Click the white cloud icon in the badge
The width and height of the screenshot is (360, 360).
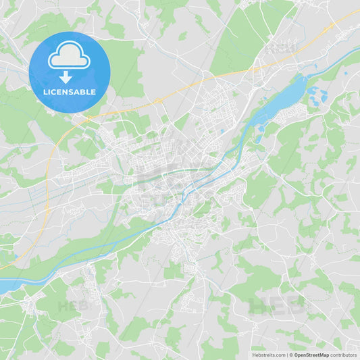click(69, 56)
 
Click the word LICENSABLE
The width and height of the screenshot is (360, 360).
click(69, 91)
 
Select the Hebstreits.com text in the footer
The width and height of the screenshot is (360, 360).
click(268, 355)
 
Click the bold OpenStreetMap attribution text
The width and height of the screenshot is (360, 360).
click(311, 355)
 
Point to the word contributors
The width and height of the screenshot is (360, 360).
click(344, 355)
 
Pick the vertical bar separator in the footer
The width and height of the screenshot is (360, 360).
click(286, 355)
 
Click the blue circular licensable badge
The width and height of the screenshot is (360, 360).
click(69, 72)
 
